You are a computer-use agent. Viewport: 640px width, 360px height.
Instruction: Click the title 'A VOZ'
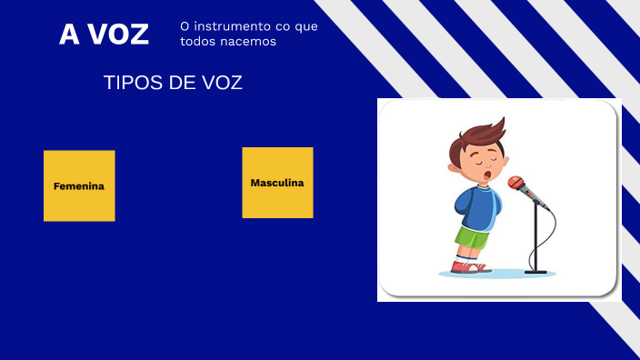pos(104,35)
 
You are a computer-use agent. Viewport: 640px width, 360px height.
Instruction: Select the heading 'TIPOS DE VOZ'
pos(173,83)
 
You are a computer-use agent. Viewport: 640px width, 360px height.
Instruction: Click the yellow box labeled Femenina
pos(79,185)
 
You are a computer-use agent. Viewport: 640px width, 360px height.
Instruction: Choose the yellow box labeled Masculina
pos(277,183)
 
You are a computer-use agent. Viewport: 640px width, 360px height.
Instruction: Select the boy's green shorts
pos(472,239)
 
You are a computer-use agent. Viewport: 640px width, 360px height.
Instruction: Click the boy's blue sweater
pos(477,207)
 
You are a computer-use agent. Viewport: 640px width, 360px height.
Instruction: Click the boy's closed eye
pos(484,155)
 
